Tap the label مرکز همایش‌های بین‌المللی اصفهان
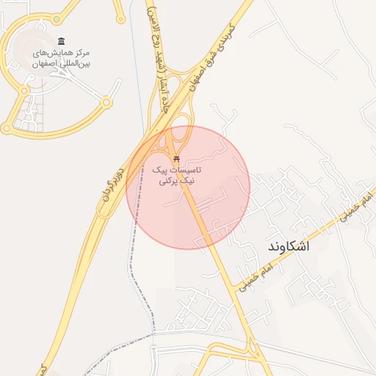click(x=60, y=59)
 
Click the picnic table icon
click(x=176, y=159)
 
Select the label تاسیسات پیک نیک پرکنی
click(x=176, y=174)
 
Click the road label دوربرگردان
click(x=119, y=175)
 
